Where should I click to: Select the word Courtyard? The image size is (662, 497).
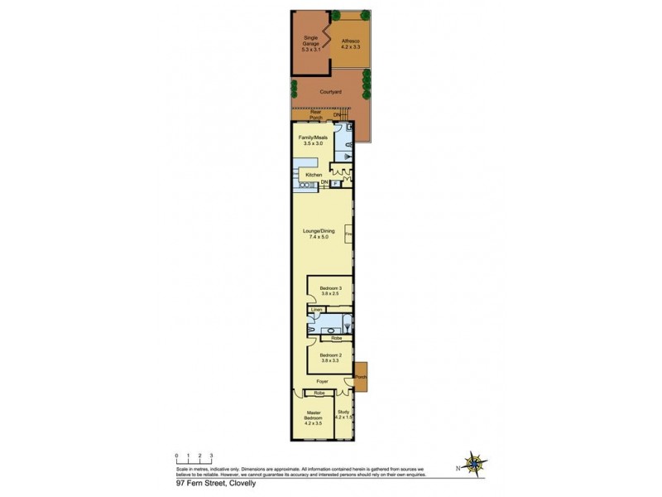point(331,93)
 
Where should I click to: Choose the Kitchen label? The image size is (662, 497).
point(313,176)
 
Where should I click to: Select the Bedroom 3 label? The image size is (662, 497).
point(330,289)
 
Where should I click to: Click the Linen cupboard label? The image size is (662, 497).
point(316,310)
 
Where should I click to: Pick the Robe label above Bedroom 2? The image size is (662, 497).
point(337,338)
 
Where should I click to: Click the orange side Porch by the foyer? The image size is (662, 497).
point(360,375)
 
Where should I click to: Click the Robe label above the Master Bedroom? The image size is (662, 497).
point(318,393)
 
